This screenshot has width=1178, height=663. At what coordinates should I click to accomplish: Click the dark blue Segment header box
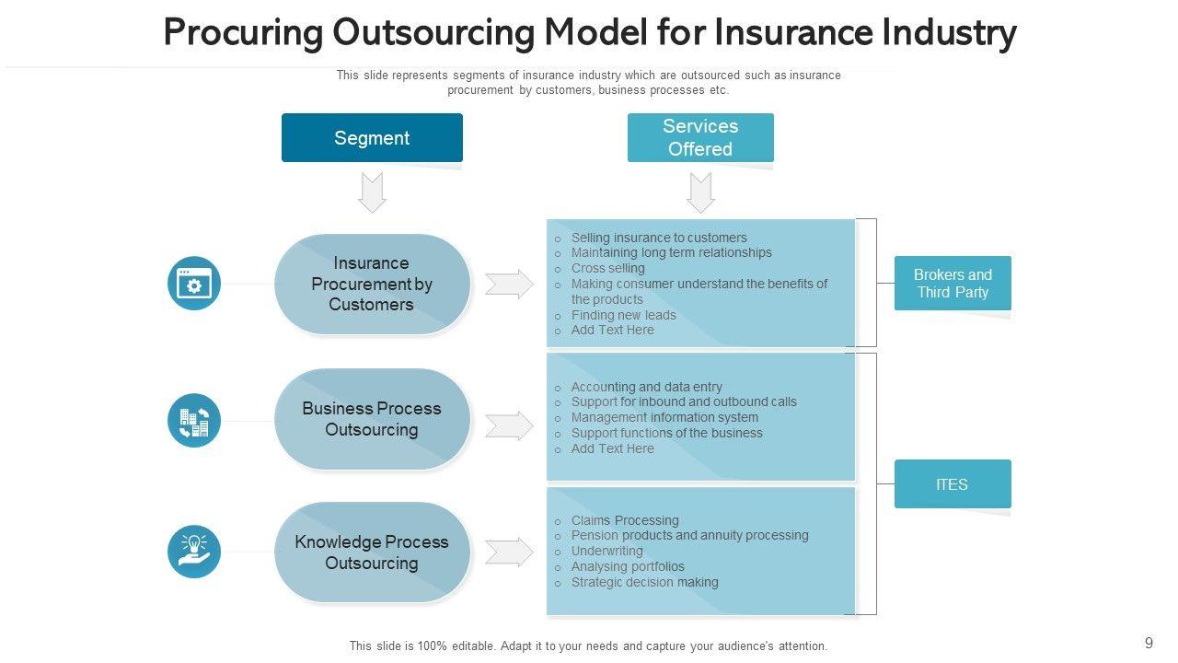tap(372, 138)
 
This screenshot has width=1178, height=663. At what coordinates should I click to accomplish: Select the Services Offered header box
tap(700, 138)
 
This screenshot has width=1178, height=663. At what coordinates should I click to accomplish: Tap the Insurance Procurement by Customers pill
tap(372, 284)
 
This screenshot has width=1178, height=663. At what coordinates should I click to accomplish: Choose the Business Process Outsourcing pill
tap(372, 419)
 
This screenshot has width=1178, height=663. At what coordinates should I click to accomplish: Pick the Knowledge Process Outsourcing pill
tap(372, 552)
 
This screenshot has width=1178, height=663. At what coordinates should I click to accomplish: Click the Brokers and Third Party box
tap(953, 283)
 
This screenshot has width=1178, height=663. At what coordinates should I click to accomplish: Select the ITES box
tap(953, 484)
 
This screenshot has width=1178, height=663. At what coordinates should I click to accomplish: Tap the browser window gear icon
tap(194, 284)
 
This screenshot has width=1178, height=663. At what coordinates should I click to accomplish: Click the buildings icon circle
tap(194, 421)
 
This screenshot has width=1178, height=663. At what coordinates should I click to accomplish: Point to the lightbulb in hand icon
tap(194, 552)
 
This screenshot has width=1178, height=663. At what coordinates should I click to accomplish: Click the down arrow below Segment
tap(372, 192)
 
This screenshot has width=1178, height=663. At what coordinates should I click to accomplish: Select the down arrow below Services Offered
tap(700, 192)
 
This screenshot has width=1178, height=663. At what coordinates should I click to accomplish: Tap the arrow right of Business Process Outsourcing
tap(509, 425)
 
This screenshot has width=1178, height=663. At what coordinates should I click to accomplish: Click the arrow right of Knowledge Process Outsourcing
tap(509, 552)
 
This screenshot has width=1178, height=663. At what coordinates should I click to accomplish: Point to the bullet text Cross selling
tap(607, 268)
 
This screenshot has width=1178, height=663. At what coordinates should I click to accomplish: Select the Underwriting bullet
tap(606, 551)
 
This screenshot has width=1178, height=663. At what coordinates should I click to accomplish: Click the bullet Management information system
tap(664, 417)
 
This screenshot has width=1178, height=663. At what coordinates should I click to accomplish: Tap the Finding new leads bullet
tap(623, 315)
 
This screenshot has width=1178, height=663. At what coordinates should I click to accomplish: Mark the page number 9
tap(1149, 644)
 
